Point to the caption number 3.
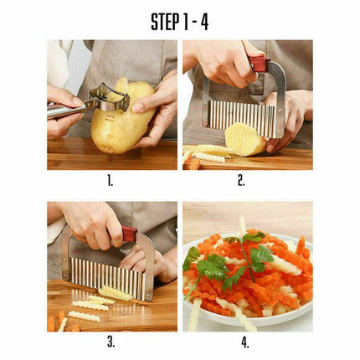111,342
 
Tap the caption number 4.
248,342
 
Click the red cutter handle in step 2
259,64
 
